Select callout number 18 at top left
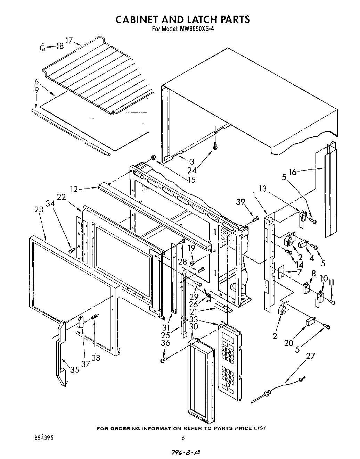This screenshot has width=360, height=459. (60, 45)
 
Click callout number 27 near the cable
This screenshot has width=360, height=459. (311, 356)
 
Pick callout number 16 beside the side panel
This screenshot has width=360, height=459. (292, 172)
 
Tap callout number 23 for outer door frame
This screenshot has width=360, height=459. (39, 209)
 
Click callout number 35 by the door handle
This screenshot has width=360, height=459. (75, 370)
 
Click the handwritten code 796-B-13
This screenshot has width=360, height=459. (186, 453)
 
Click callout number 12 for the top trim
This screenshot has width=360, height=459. (73, 189)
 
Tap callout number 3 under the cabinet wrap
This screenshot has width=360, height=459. (191, 161)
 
